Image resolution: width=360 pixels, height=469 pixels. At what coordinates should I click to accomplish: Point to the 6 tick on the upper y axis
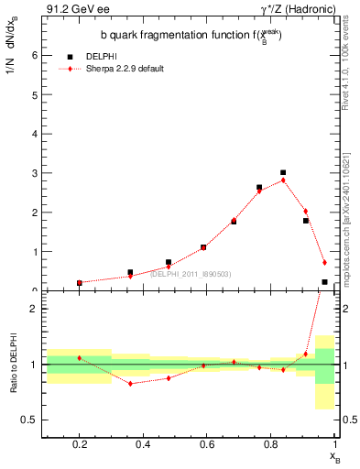tap(37, 55)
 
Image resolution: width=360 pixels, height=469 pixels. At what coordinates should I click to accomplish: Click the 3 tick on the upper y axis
tap(37, 173)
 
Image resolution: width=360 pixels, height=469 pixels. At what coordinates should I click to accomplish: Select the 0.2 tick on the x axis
tap(80, 447)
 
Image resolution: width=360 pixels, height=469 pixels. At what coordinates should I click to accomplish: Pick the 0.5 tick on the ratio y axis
tap(31, 420)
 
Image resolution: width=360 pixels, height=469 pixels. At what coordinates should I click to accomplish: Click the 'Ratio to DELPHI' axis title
tap(14, 365)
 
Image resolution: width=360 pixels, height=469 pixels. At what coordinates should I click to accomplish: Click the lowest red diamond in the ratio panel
tap(131, 384)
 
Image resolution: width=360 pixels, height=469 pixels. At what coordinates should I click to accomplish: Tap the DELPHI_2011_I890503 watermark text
tap(191, 274)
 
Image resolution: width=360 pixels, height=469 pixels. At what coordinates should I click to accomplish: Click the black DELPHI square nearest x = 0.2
tap(80, 283)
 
